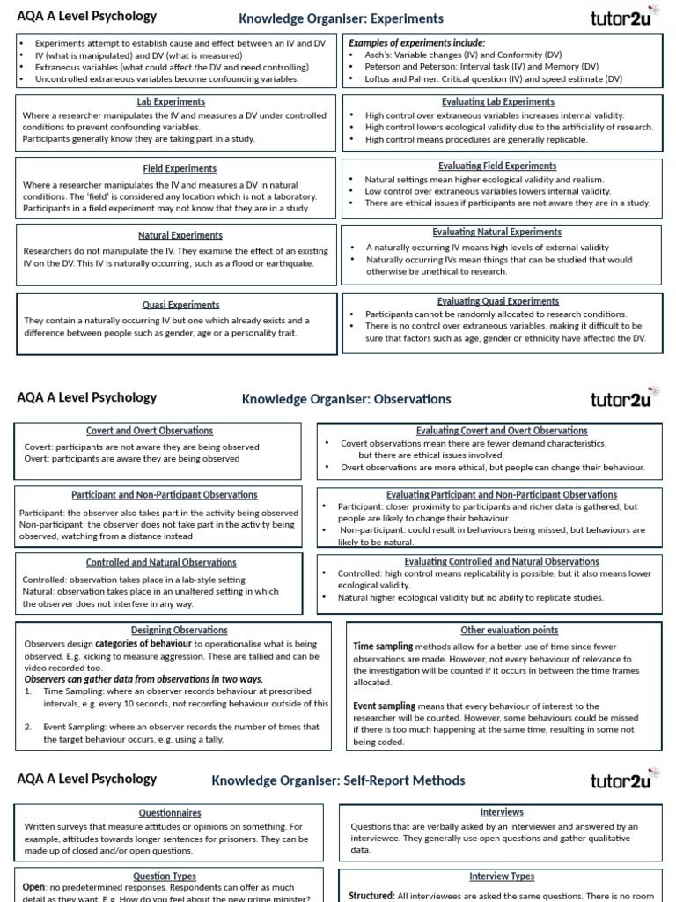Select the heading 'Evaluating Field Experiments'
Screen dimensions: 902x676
(x=497, y=166)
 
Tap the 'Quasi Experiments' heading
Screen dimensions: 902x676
(x=180, y=305)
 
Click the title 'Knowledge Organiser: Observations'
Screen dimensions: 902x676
(x=346, y=399)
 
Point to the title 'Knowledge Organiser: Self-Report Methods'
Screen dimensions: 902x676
(x=338, y=780)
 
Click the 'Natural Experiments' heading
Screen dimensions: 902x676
(x=180, y=235)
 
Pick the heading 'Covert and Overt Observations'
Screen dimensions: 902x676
(x=150, y=431)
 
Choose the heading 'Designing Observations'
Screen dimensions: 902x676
(x=173, y=630)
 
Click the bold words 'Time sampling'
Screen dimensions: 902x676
(x=383, y=647)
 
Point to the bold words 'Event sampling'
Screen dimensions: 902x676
(x=384, y=706)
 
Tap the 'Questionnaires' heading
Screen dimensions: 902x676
(x=170, y=813)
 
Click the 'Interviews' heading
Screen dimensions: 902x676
(x=502, y=812)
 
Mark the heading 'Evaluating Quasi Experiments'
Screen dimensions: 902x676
(x=497, y=301)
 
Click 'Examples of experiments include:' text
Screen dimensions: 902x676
(x=417, y=42)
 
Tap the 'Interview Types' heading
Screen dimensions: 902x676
(x=502, y=876)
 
